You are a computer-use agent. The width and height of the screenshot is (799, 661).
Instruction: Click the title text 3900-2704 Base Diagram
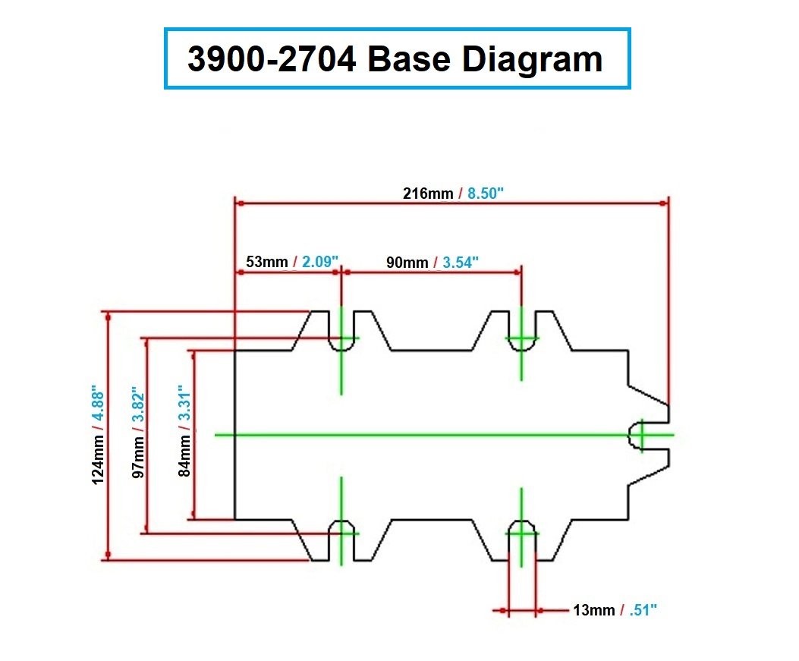395,59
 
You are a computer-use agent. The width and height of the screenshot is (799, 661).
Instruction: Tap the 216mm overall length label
427,194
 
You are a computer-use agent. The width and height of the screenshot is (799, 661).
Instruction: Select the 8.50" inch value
486,194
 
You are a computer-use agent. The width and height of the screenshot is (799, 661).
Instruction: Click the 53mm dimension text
266,263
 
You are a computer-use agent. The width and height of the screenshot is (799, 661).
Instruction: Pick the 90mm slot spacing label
407,263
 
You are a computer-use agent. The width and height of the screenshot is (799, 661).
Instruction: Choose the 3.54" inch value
461,263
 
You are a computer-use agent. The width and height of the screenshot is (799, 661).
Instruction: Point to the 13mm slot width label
594,610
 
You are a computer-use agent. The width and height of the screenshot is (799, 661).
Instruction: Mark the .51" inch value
642,610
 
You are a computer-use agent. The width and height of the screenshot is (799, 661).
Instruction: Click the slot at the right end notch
639,435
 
